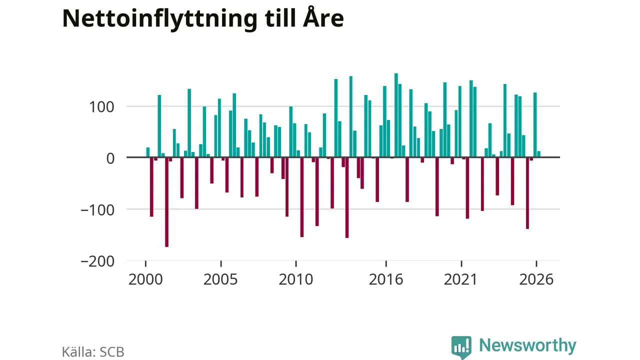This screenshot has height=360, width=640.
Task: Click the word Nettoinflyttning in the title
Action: [159, 19]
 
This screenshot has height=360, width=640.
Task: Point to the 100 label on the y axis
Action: [101, 107]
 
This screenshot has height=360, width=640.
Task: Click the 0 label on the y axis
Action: [110, 158]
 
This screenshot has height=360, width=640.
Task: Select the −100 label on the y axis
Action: [97, 210]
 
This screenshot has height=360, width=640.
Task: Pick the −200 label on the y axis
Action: [97, 261]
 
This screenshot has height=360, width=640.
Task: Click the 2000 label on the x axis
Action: [145, 279]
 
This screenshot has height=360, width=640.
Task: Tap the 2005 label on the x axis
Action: [220, 279]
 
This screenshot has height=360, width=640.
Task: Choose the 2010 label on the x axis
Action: [295, 279]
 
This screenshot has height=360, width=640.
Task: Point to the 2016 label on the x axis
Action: [386, 279]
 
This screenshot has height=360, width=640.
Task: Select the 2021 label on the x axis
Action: [461, 279]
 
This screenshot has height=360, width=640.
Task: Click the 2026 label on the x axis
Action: [536, 279]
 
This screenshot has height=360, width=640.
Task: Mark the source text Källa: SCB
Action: [93, 351]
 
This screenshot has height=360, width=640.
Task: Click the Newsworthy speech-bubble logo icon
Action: [461, 347]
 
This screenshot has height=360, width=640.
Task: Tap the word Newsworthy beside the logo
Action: [527, 345]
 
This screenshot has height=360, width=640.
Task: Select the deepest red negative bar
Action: [167, 202]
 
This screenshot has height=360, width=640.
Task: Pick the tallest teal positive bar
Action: [396, 115]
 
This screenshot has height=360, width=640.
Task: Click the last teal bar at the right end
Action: [539, 154]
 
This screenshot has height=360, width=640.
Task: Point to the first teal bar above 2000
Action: [148, 152]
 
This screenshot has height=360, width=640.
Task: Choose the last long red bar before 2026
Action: [527, 193]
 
